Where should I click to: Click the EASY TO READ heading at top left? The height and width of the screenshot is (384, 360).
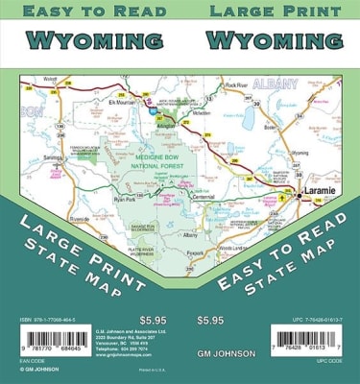click(x=88, y=12)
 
